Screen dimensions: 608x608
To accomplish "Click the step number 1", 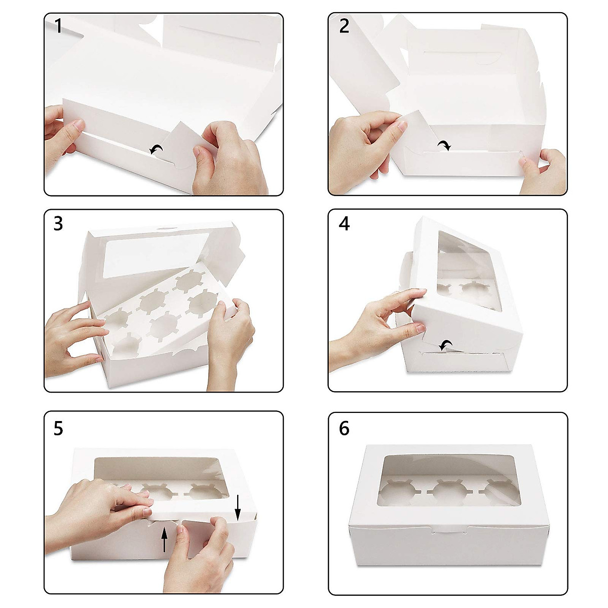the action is tap(58, 26).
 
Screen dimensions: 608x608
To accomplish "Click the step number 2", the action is tap(344, 26).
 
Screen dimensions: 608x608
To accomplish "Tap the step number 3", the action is tap(58, 224).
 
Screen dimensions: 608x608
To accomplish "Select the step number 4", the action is tap(344, 224).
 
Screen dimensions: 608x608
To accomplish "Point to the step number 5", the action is tap(58, 429).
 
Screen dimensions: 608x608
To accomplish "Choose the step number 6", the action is tap(344, 429).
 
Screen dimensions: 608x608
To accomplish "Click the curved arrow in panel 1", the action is tap(157, 149).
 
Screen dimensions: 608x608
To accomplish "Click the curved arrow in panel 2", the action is tap(444, 145).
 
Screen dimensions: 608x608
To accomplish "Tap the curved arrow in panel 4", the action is tap(446, 345).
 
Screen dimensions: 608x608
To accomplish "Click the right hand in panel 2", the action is tap(542, 172).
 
